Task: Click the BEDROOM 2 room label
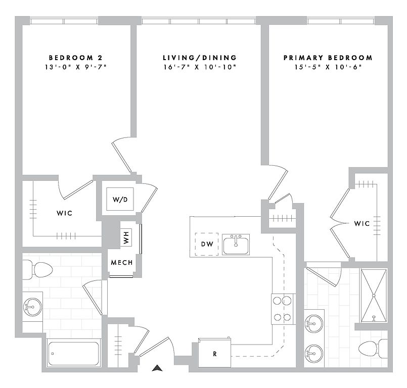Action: click(x=75, y=58)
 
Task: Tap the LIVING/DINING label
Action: click(x=200, y=58)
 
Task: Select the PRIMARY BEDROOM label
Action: click(x=328, y=58)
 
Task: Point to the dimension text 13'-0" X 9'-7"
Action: click(x=75, y=67)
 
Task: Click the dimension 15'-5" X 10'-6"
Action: click(x=328, y=67)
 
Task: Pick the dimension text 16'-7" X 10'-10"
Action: click(x=200, y=67)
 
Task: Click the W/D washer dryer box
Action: click(x=120, y=199)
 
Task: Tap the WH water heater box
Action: click(x=126, y=237)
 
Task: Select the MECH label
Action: click(x=122, y=263)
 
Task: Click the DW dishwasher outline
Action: click(x=207, y=244)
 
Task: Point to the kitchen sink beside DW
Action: click(x=236, y=245)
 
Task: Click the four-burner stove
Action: click(x=282, y=309)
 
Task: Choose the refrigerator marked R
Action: click(x=214, y=353)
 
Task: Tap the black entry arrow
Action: click(x=157, y=368)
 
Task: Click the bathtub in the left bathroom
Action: click(x=74, y=353)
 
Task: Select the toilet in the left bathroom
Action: click(x=37, y=270)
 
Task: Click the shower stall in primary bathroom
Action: click(x=374, y=296)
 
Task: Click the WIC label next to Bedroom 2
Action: click(x=64, y=213)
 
